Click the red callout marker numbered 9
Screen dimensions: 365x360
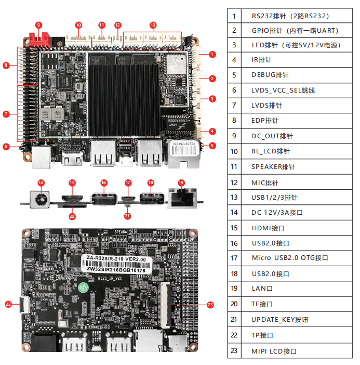click(38, 25)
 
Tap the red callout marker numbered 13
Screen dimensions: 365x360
click(153, 25)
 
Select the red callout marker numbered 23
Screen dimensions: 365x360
click(210, 305)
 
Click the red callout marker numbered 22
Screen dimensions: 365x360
click(8, 304)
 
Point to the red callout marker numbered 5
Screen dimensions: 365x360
click(212, 146)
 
